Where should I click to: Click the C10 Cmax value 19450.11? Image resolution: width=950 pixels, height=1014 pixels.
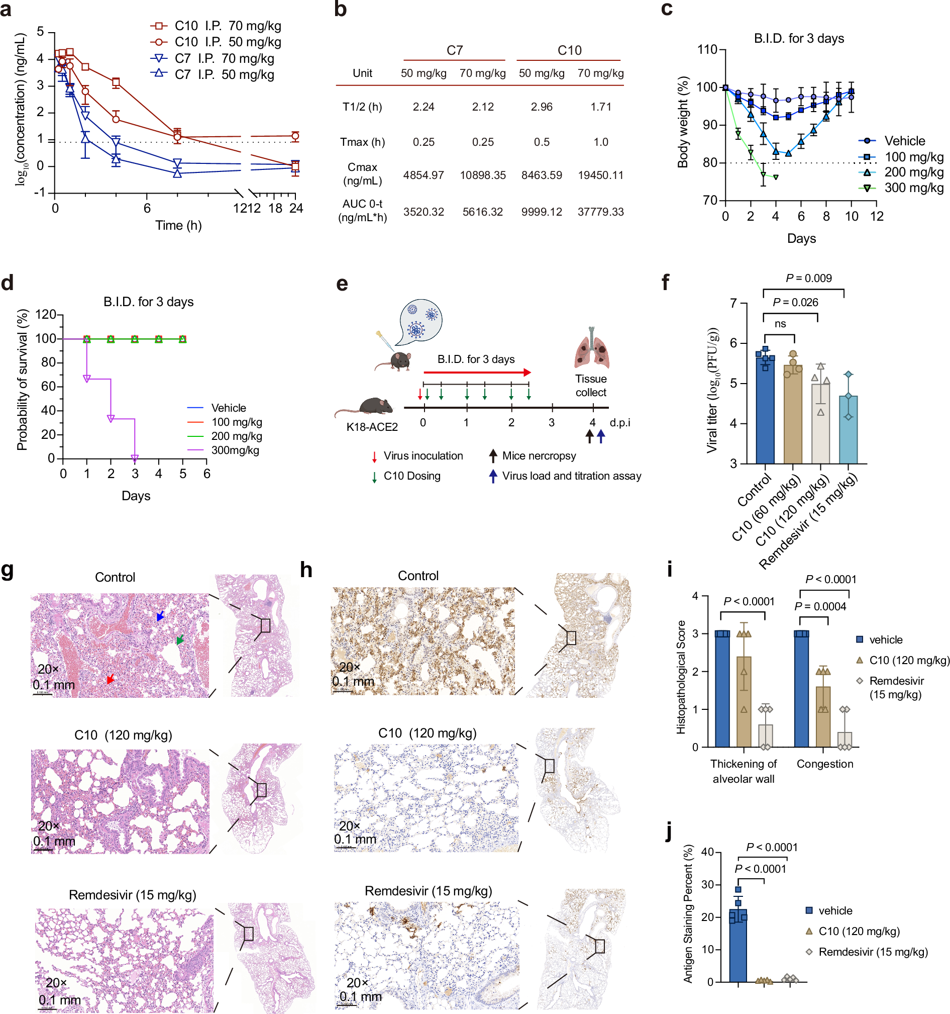[600, 175]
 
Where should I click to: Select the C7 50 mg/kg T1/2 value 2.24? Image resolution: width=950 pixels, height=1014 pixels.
[423, 107]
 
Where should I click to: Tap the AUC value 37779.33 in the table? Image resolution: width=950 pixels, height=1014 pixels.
[600, 212]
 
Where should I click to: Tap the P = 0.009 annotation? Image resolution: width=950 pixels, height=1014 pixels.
[808, 279]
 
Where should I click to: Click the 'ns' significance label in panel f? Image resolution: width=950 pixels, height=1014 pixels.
[780, 324]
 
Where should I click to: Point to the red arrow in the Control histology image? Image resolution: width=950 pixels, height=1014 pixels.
[110, 679]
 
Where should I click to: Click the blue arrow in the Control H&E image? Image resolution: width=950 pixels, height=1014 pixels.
[161, 616]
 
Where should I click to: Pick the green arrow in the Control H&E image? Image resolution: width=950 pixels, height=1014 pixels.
[179, 639]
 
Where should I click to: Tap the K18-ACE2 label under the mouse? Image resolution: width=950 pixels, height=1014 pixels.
[372, 427]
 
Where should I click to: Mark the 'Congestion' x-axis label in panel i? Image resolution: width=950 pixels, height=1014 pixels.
[824, 764]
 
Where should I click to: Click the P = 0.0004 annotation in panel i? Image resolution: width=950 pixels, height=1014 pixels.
[820, 606]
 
